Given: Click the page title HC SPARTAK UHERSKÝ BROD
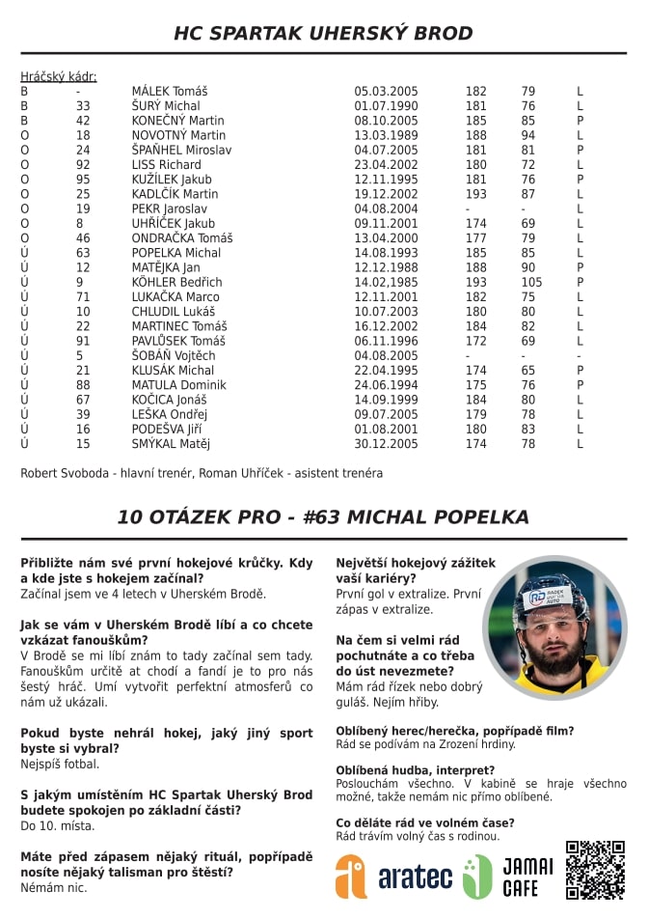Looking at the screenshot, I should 323,34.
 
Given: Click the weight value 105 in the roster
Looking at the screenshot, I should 532,282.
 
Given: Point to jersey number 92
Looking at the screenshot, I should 83,164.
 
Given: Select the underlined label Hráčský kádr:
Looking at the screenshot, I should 59,76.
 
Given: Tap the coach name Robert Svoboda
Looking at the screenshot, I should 65,473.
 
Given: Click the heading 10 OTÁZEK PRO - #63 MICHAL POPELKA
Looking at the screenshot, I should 323,516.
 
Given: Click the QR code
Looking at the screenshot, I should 595,870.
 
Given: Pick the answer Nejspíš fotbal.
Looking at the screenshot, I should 60,764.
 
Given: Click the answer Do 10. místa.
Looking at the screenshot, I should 58,825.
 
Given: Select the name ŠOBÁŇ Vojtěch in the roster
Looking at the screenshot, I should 174,355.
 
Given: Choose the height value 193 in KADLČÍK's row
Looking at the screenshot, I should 476,194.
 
